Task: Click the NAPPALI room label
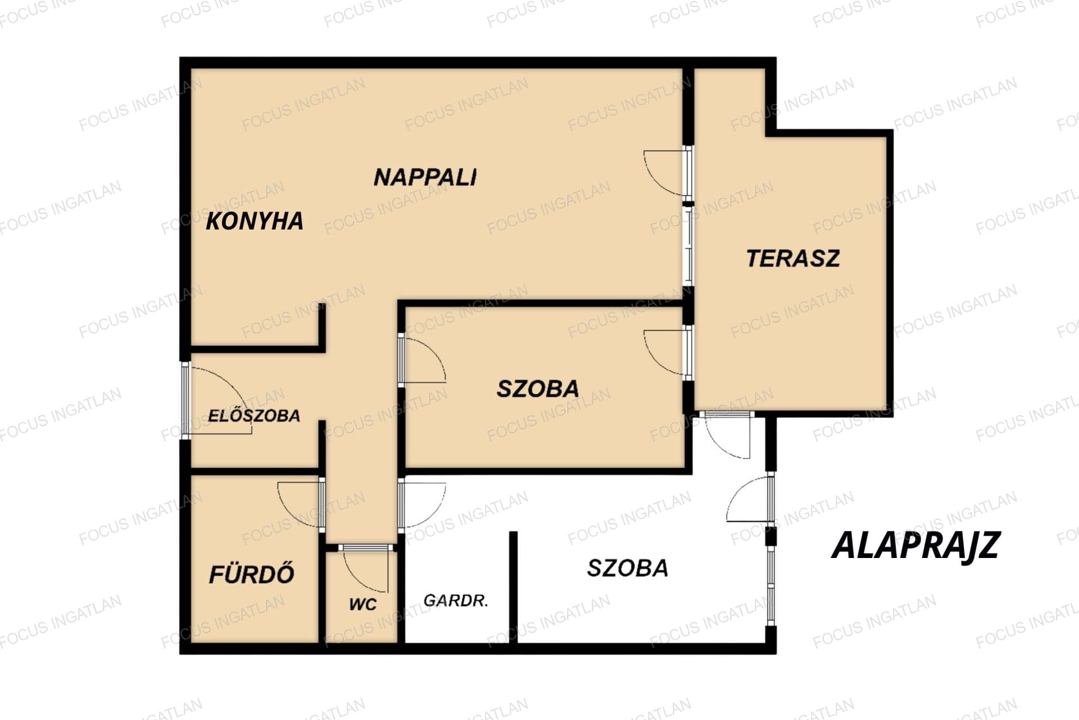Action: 425,177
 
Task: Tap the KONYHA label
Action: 255,221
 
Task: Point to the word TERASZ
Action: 793,258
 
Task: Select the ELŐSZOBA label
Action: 254,416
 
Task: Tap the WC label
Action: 363,605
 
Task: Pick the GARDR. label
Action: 456,601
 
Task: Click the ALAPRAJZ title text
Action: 915,544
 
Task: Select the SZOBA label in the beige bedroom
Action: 538,389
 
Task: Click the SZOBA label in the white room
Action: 628,568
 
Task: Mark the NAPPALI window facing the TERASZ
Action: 688,246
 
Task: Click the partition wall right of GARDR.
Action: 513,587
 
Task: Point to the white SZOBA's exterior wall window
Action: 771,585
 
